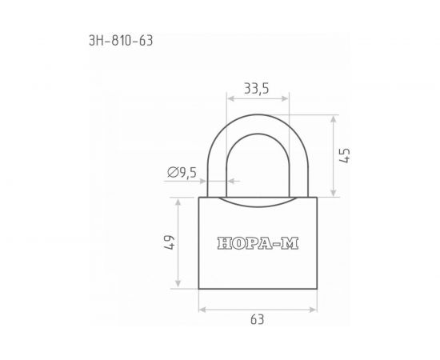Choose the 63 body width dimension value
pyautogui.click(x=258, y=319)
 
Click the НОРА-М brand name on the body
pyautogui.click(x=258, y=244)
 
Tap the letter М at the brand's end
pyautogui.click(x=292, y=244)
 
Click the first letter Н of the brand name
pyautogui.click(x=223, y=244)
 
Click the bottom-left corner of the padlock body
pyautogui.click(x=199, y=290)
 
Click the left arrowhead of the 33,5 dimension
pyautogui.click(x=230, y=100)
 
